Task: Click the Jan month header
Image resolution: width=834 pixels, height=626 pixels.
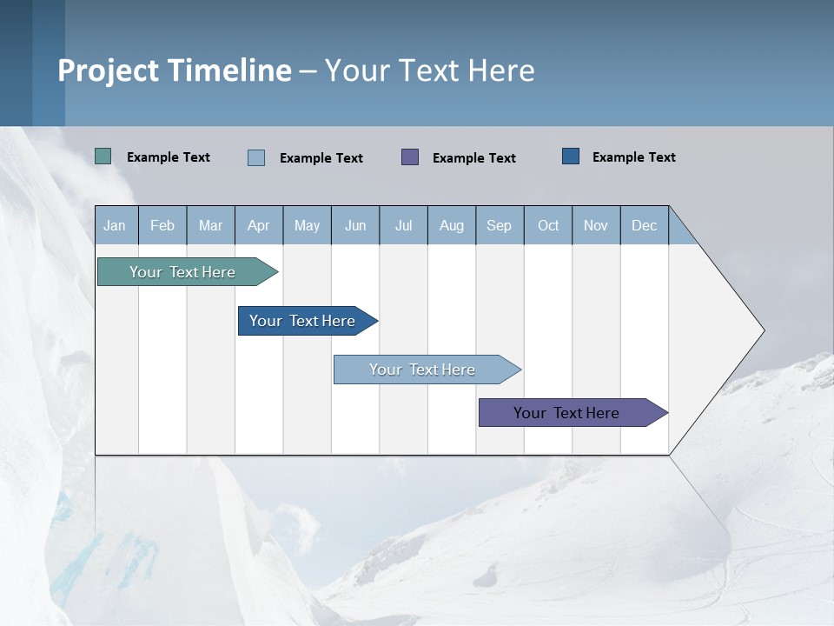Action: pyautogui.click(x=116, y=225)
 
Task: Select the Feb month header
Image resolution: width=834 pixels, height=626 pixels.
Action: pyautogui.click(x=162, y=225)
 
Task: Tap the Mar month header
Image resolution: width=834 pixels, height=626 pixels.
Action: pyautogui.click(x=210, y=225)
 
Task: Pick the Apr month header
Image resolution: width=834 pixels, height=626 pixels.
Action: pyautogui.click(x=259, y=225)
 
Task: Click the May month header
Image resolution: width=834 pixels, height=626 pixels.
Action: pyautogui.click(x=307, y=225)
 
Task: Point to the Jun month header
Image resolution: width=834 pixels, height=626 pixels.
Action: pyautogui.click(x=355, y=225)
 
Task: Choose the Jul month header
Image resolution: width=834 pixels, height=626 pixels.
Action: pyautogui.click(x=403, y=225)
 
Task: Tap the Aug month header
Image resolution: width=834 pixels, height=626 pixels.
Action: pyautogui.click(x=452, y=225)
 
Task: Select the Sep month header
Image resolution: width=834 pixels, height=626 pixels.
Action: pyautogui.click(x=500, y=225)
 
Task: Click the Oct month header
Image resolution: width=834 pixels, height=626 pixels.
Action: pyautogui.click(x=548, y=225)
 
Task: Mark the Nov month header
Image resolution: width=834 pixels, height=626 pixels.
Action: pyautogui.click(x=596, y=225)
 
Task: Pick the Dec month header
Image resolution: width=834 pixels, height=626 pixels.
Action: pyautogui.click(x=645, y=225)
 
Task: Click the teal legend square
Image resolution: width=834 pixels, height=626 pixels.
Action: pyautogui.click(x=103, y=156)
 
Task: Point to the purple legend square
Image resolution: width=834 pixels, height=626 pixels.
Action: pyautogui.click(x=410, y=156)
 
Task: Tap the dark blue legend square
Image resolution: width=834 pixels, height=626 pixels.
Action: pyautogui.click(x=571, y=156)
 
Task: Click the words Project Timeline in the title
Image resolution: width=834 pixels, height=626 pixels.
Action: pyautogui.click(x=175, y=70)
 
